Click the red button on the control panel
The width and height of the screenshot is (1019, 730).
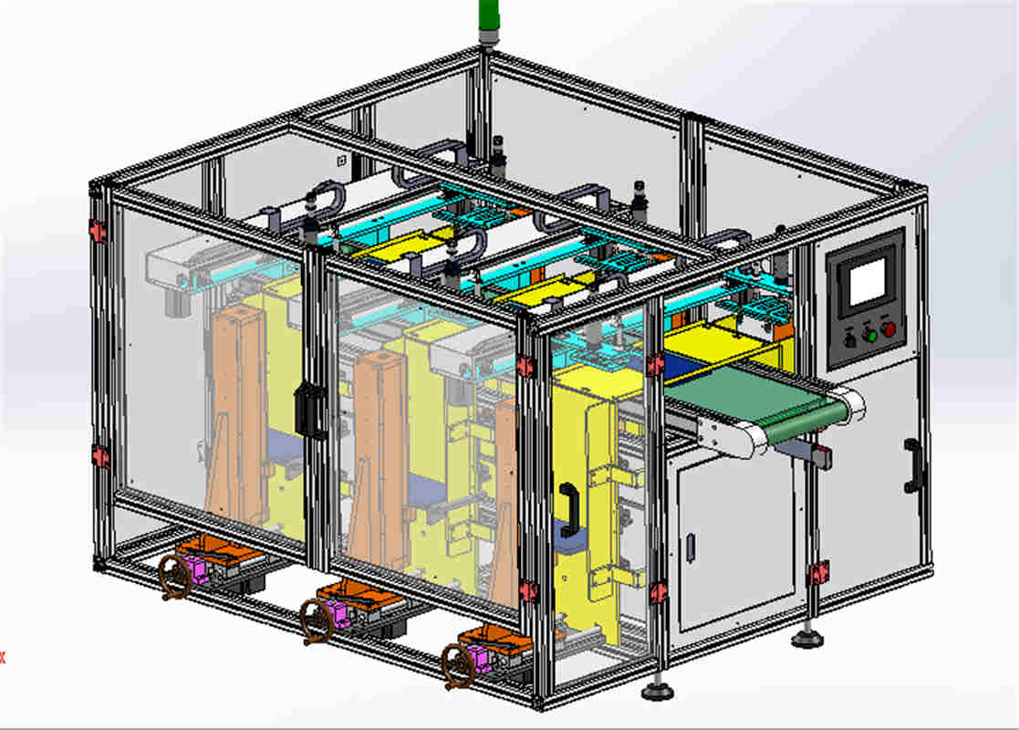pyautogui.click(x=889, y=329)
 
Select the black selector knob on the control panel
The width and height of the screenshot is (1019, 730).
pyautogui.click(x=849, y=340)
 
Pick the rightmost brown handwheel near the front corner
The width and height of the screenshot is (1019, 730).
pyautogui.click(x=457, y=665)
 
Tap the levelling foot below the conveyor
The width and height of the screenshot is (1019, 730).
pyautogui.click(x=806, y=638)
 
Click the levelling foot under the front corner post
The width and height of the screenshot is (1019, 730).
pyautogui.click(x=657, y=690)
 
